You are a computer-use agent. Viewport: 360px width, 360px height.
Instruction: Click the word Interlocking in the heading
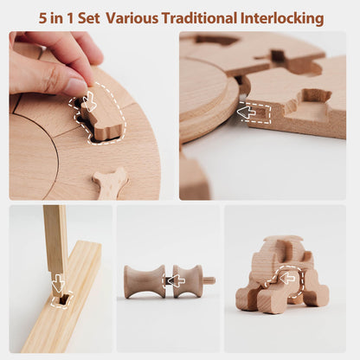click(282, 18)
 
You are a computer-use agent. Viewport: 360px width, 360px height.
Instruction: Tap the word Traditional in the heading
click(199, 18)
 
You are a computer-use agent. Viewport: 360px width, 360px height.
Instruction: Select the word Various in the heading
click(132, 18)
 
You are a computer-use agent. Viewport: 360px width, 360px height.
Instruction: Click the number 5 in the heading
click(42, 19)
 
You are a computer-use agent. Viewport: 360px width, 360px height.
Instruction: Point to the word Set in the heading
click(89, 19)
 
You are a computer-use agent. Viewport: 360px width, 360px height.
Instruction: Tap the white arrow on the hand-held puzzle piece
click(89, 101)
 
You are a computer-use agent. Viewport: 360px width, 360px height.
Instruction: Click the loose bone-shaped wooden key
click(110, 183)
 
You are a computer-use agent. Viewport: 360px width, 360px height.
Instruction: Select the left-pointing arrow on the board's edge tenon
click(247, 112)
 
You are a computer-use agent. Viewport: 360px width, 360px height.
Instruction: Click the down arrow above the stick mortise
click(59, 283)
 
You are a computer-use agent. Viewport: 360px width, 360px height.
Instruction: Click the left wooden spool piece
click(145, 281)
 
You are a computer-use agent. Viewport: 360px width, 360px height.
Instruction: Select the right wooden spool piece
click(188, 281)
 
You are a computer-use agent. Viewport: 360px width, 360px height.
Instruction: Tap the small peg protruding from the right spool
click(209, 280)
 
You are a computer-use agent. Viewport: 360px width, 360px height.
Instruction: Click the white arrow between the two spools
click(177, 280)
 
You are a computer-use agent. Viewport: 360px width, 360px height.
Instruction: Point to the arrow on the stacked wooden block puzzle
click(287, 278)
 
